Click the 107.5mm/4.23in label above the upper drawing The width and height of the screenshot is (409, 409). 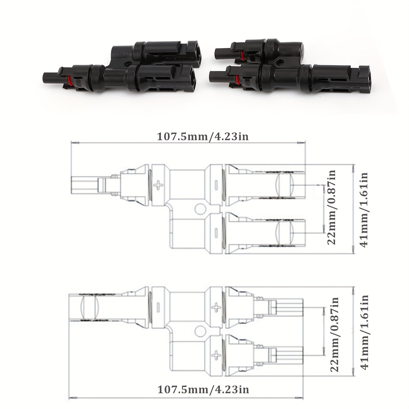click(202, 136)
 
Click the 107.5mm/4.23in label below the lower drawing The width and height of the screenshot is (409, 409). click(203, 376)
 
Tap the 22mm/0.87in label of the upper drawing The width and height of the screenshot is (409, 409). click(331, 208)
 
